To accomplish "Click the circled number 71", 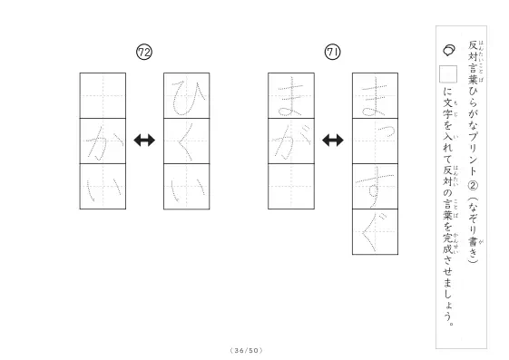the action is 333,53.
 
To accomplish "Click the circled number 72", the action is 144,53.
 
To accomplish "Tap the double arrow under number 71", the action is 333,141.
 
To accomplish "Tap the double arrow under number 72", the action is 144,141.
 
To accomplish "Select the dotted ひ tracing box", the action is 187,96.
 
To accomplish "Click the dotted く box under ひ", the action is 187,141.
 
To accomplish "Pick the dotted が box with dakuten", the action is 291,141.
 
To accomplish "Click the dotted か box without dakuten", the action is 103,141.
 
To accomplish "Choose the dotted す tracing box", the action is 376,187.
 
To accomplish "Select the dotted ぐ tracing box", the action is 376,232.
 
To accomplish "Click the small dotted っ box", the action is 376,141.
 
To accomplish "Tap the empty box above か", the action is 103,96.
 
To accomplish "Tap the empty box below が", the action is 291,187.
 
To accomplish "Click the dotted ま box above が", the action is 291,96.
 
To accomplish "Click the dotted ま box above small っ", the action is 376,96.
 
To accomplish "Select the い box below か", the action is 103,187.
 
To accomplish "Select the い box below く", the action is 187,187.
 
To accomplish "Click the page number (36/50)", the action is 247,350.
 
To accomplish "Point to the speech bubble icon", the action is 449,50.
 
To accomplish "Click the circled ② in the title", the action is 473,185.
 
